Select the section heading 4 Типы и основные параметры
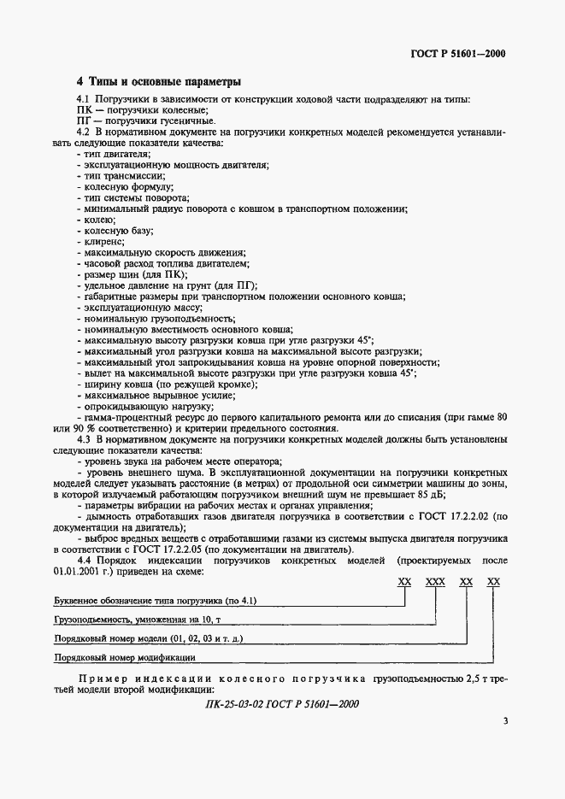[158, 82]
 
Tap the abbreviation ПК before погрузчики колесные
[85, 111]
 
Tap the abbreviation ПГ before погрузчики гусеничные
[85, 122]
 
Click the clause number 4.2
[84, 133]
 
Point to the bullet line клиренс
[107, 242]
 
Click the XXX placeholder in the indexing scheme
[435, 582]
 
